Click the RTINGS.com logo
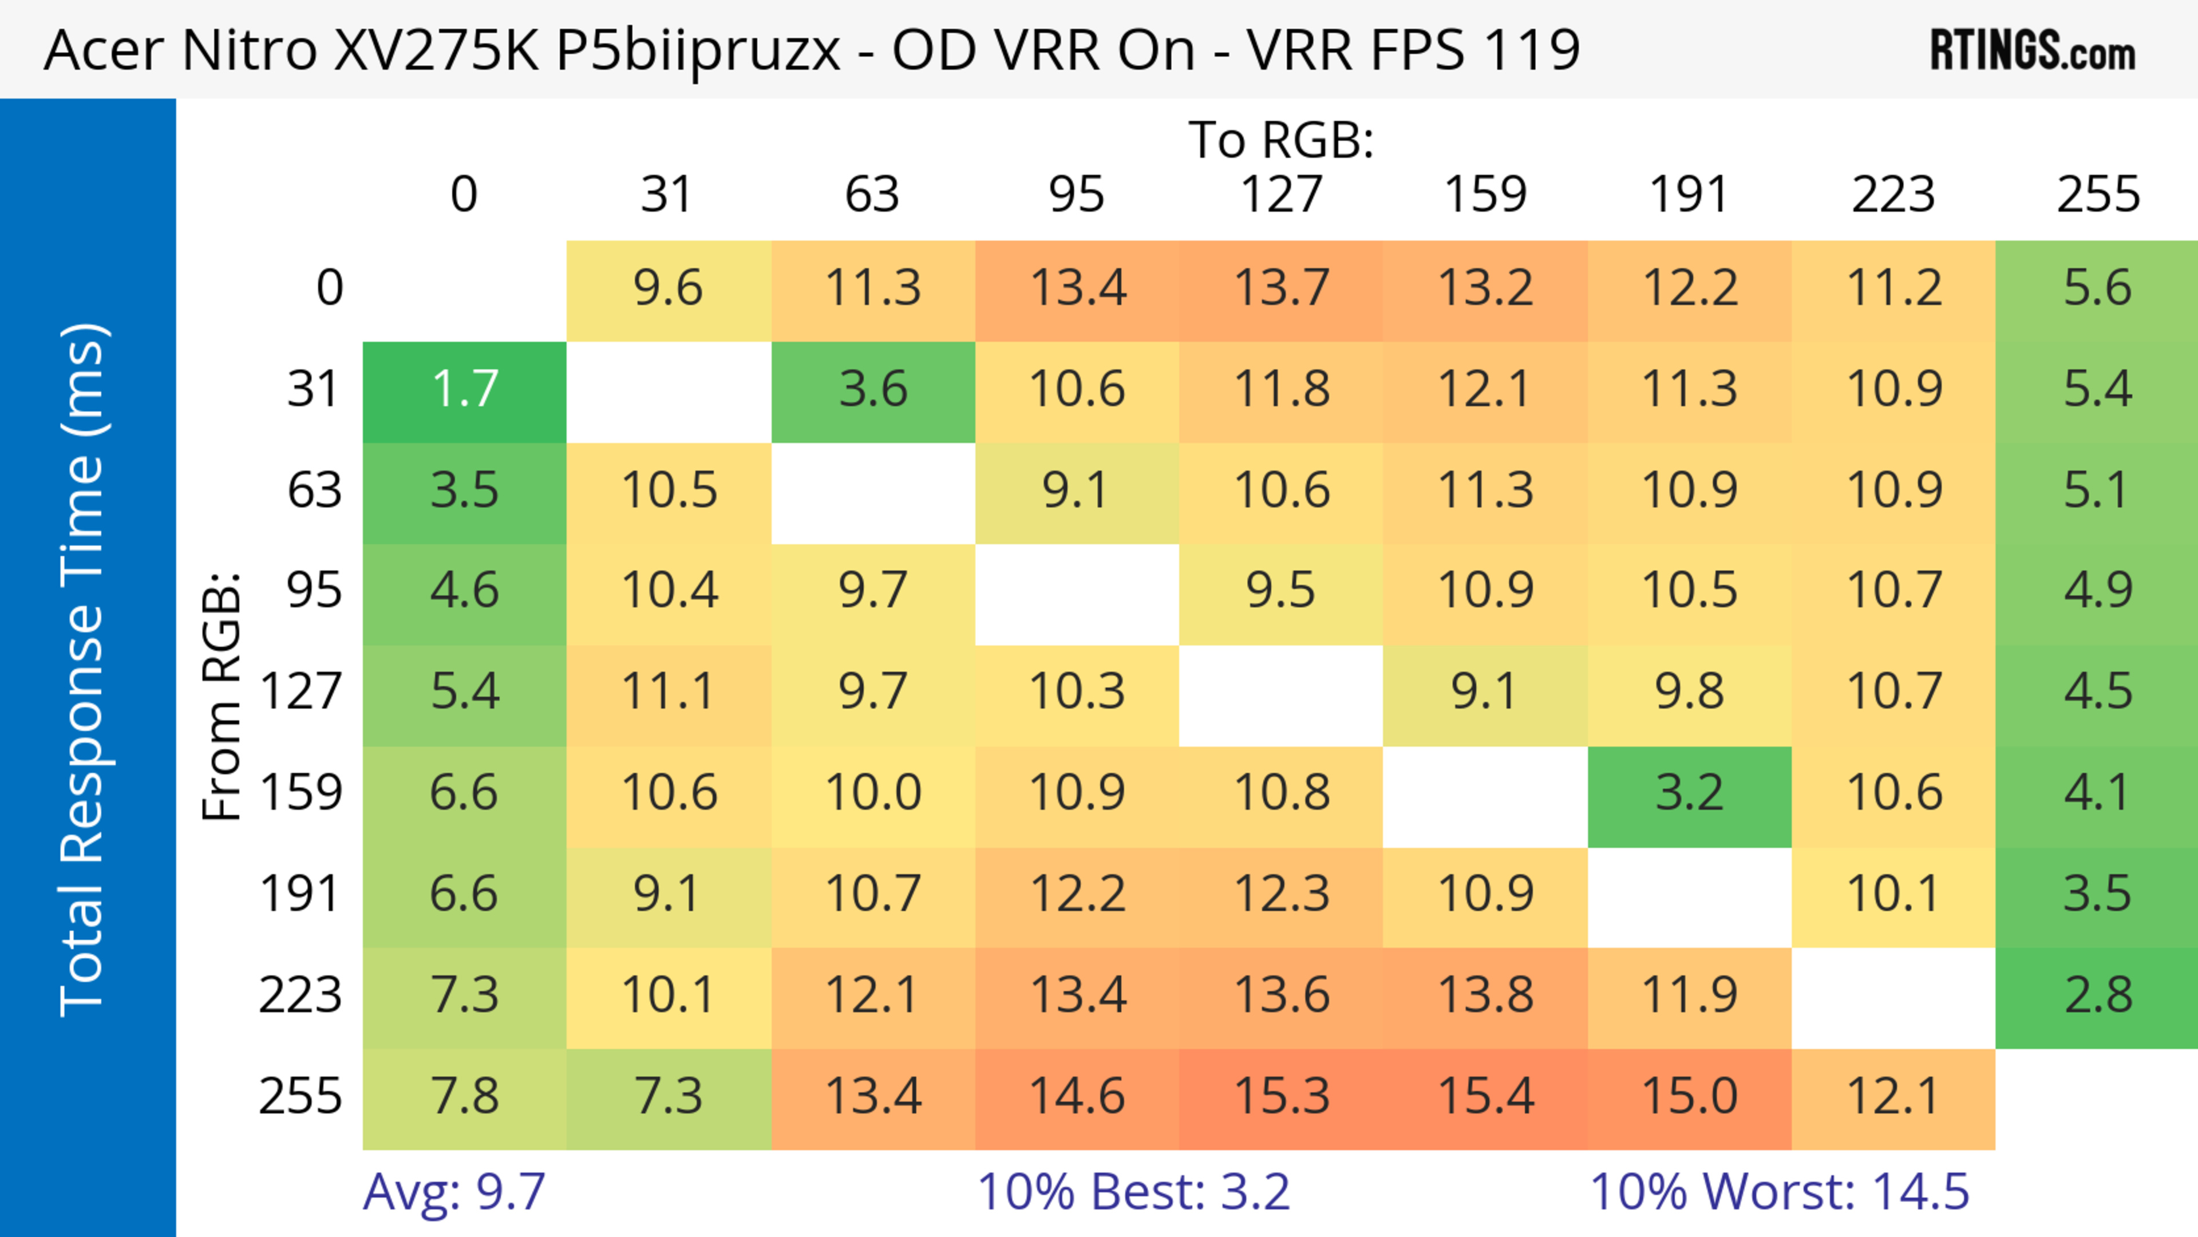tap(2033, 50)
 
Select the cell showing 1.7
tap(464, 390)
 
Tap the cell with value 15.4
tap(1485, 1096)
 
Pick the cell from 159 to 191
tap(1690, 793)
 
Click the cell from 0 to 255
tap(2097, 288)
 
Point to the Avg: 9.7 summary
tap(454, 1192)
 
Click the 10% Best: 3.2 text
tap(1133, 1192)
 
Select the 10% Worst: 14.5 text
tap(1779, 1192)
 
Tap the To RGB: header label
tap(1281, 140)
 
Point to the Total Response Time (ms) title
tap(84, 670)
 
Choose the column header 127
tap(1281, 195)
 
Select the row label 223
tap(301, 995)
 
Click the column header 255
tap(2097, 195)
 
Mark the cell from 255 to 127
tap(1281, 1096)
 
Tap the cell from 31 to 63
tap(873, 390)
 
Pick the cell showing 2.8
tap(2097, 995)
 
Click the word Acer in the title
tap(103, 50)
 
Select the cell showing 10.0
tap(873, 793)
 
